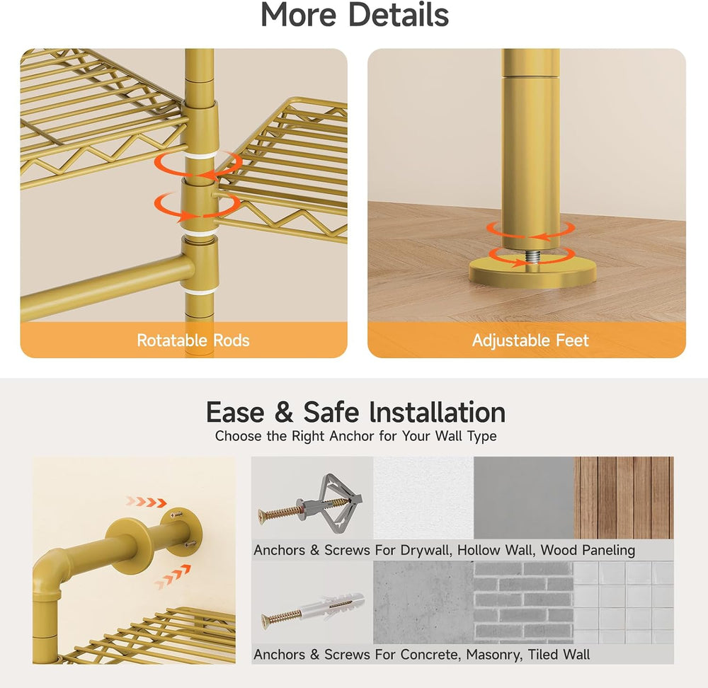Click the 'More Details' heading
[355, 14]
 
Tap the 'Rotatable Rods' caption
[193, 340]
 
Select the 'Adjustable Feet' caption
[530, 340]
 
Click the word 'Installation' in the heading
[437, 412]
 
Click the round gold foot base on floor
[532, 273]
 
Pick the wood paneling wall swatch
[624, 498]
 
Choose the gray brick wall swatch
[523, 602]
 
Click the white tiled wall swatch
[624, 602]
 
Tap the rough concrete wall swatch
[423, 602]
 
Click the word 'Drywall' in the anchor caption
[426, 550]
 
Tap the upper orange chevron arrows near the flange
[147, 502]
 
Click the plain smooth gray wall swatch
[524, 498]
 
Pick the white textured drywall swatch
[423, 498]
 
